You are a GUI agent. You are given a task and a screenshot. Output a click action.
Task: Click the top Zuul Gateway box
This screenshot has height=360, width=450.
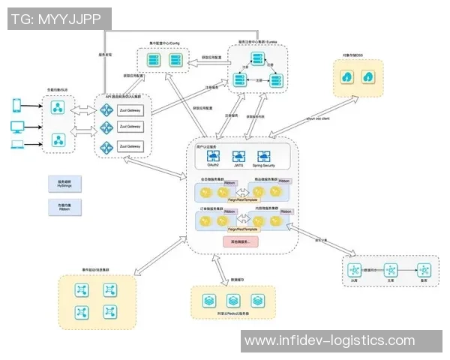130,111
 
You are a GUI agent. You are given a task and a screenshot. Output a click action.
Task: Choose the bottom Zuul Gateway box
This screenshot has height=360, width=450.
130,145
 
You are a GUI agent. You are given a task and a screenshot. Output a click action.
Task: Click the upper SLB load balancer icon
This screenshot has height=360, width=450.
57,107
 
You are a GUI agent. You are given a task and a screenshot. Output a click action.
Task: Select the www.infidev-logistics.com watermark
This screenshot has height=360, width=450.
330,341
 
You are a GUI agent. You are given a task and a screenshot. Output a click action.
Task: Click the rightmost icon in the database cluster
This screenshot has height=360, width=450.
423,270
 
